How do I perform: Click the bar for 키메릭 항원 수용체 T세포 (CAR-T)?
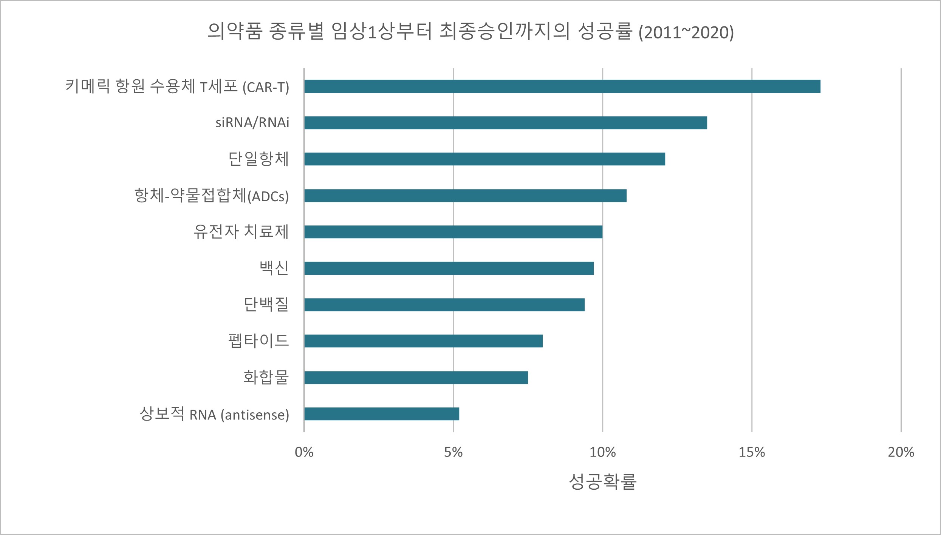click(562, 86)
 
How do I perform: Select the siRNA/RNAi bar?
click(505, 123)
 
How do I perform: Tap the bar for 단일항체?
click(484, 159)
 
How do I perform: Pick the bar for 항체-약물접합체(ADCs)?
click(465, 196)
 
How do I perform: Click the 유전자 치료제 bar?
click(453, 232)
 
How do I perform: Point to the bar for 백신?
click(449, 268)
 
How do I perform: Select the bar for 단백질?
click(444, 305)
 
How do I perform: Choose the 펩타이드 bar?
click(423, 341)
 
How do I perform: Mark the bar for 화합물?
click(416, 378)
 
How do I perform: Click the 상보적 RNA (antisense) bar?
click(381, 414)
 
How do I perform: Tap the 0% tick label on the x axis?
click(304, 452)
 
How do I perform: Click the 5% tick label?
click(453, 452)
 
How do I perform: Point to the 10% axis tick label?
click(602, 452)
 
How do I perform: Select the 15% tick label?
click(752, 452)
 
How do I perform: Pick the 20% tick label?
click(901, 452)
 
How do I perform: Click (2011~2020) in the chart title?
click(686, 32)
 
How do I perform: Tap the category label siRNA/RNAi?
click(252, 123)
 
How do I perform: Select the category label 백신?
click(274, 268)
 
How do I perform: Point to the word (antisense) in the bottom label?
click(255, 415)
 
